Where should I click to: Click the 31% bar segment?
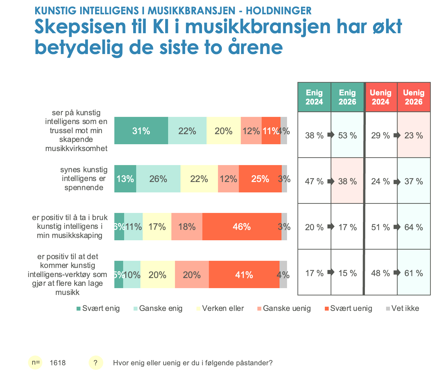(x=141, y=131)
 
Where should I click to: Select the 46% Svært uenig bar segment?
(x=242, y=227)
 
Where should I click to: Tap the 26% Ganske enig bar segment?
(x=158, y=179)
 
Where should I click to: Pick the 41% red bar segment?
(x=244, y=275)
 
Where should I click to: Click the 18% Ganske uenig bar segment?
(x=187, y=227)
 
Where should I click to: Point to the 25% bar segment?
(x=260, y=179)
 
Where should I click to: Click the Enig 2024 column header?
(x=314, y=97)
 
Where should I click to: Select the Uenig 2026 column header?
(x=413, y=97)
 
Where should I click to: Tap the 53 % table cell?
(x=347, y=135)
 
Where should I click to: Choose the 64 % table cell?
(x=413, y=227)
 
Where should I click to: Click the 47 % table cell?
(x=314, y=181)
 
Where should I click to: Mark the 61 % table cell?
(x=413, y=273)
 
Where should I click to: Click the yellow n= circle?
(x=36, y=363)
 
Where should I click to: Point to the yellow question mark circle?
(x=95, y=363)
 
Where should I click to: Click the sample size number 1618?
(x=58, y=363)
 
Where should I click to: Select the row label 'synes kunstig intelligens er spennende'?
(x=84, y=179)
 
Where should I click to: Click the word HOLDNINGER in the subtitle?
(x=279, y=11)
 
